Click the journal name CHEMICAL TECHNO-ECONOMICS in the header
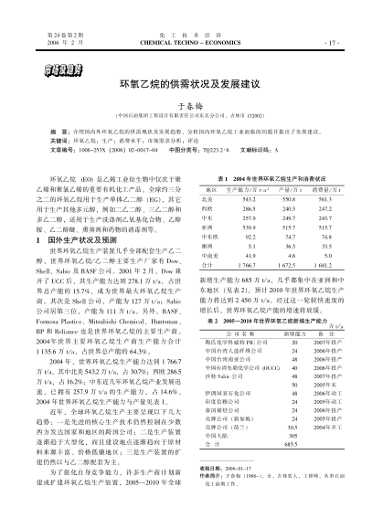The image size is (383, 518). point(191,42)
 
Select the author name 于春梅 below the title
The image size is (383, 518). point(191,104)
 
